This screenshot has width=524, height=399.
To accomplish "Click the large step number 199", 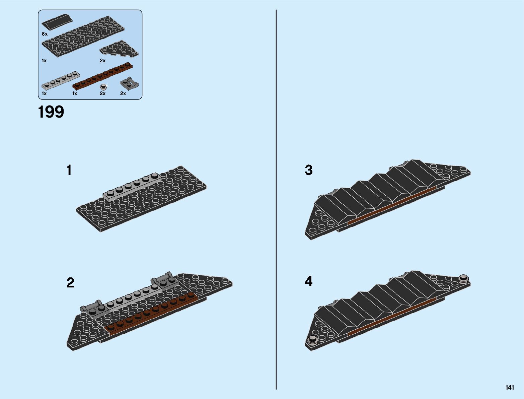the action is click(x=51, y=112).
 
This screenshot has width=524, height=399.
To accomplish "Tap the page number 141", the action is click(x=510, y=388).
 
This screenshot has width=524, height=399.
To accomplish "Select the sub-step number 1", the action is click(x=69, y=170).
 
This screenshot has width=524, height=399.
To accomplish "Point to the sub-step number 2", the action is click(x=70, y=283).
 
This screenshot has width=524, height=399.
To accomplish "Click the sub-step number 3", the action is click(x=308, y=170).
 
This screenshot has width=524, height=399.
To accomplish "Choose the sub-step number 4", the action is click(x=308, y=281).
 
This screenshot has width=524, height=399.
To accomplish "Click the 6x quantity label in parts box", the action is click(x=45, y=34).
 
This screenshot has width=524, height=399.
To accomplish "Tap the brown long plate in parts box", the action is click(x=102, y=76).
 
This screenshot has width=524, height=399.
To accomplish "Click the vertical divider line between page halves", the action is click(x=276, y=201).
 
